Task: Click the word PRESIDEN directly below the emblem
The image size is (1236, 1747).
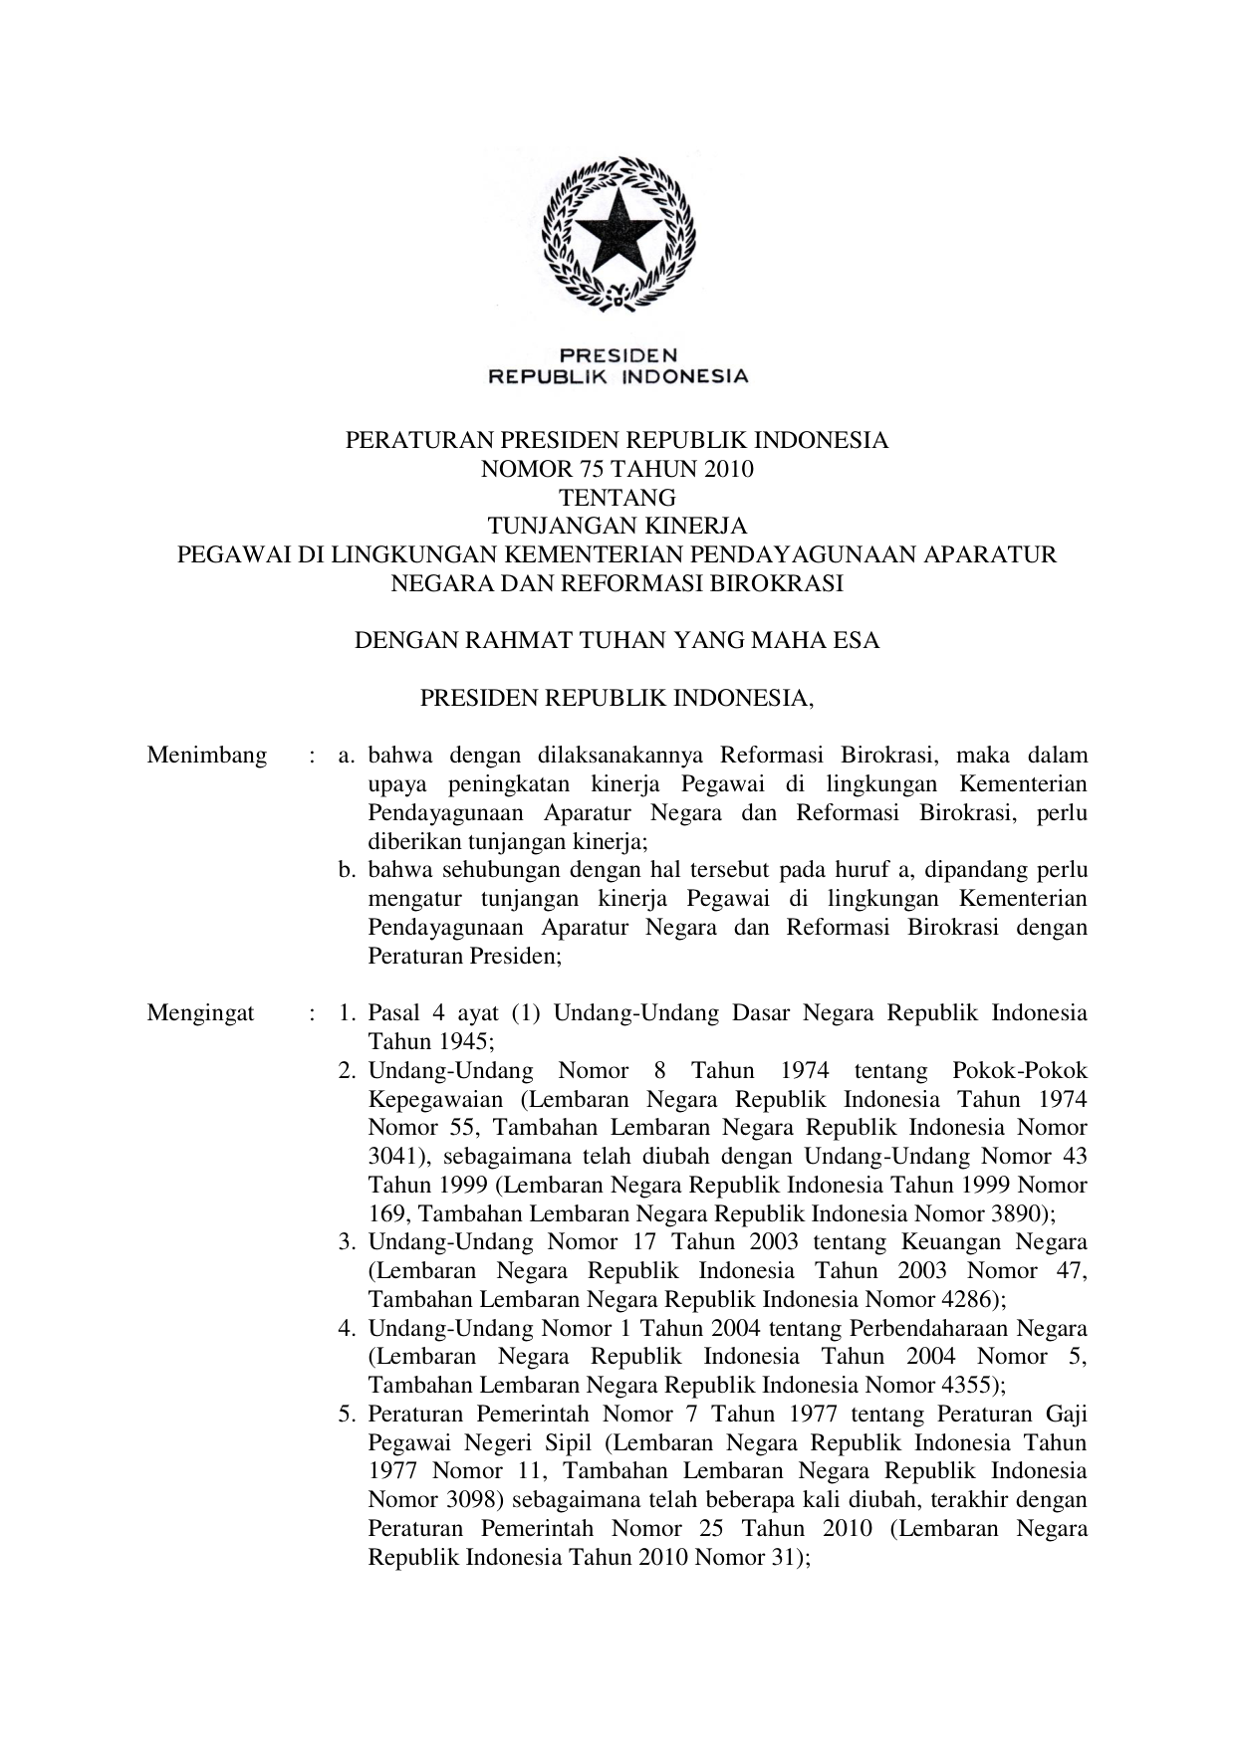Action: click(618, 354)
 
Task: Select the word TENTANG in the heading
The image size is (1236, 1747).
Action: click(617, 498)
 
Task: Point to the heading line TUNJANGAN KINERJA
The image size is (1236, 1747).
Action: click(617, 526)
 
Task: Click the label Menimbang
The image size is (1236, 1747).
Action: click(207, 756)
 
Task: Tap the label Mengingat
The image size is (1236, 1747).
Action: click(200, 1013)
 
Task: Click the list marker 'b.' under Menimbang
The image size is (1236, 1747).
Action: click(347, 870)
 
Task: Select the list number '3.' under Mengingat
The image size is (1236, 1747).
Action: click(347, 1242)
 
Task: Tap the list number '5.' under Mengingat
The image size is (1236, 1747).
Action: click(347, 1415)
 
